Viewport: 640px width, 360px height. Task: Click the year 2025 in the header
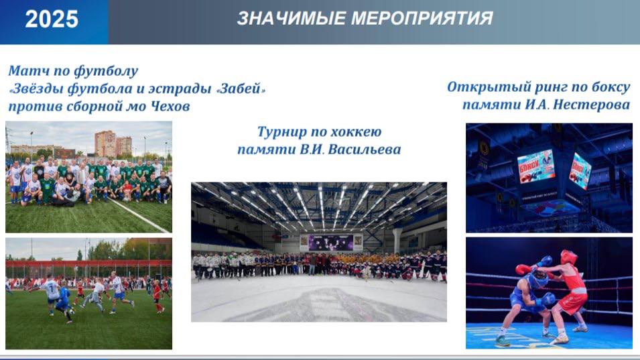coord(52,19)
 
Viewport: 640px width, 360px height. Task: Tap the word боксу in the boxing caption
coord(609,87)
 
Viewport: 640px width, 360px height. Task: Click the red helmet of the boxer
coord(569,257)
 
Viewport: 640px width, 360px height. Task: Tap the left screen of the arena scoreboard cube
coord(536,166)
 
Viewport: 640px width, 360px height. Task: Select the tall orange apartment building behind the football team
coord(105,143)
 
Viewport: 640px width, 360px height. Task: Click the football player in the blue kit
coord(64,300)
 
